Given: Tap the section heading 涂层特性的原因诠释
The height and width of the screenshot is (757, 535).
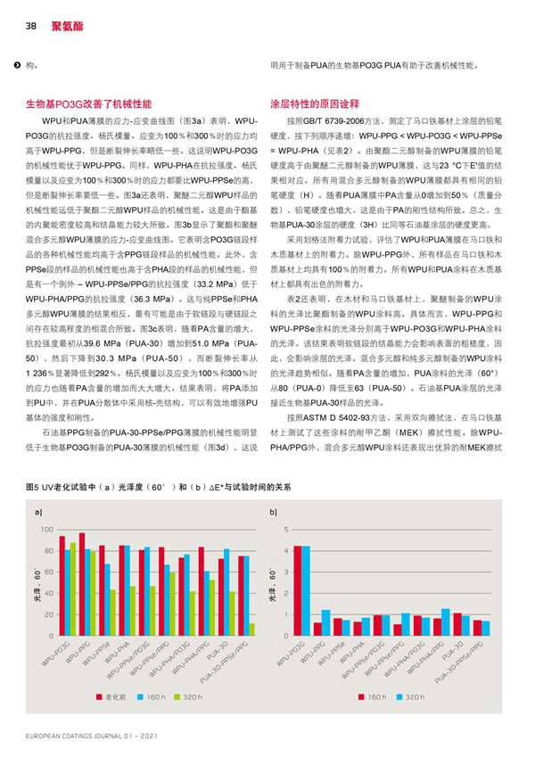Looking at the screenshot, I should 318,103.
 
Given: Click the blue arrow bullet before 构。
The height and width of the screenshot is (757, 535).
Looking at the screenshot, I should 15,65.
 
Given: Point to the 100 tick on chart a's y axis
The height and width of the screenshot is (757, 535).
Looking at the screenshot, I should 46,530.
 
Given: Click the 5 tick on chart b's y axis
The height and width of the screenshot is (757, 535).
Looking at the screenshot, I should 284,530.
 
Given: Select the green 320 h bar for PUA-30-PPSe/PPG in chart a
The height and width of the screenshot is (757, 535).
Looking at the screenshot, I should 251,629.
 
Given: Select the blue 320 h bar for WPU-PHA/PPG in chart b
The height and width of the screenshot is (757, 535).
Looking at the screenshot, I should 446,622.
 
